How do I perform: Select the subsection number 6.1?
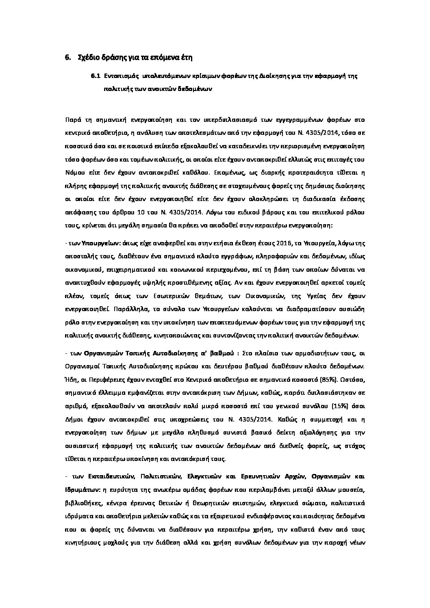tap(96, 76)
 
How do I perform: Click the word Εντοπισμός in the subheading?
tap(121, 76)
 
